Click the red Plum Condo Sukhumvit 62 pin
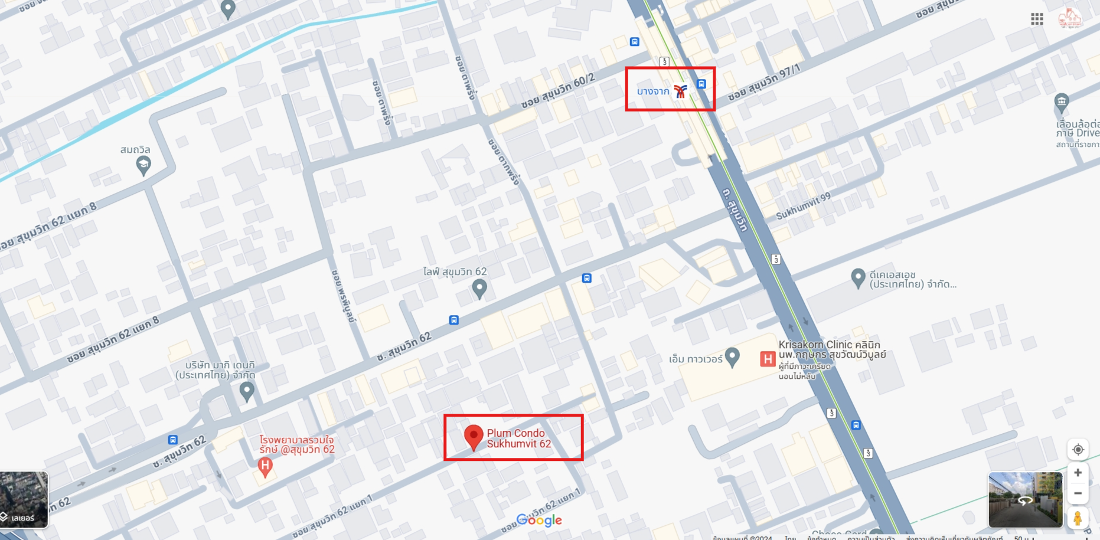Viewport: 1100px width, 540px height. (474, 437)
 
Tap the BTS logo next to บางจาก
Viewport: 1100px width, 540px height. (681, 91)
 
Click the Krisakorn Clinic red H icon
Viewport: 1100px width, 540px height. (767, 358)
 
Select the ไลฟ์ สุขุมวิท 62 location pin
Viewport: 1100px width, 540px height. (479, 288)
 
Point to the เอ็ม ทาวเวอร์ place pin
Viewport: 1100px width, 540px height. (732, 356)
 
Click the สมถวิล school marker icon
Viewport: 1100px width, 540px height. (143, 165)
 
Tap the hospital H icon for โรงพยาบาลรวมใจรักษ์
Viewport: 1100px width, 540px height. (265, 466)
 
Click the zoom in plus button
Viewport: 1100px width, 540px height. (1078, 473)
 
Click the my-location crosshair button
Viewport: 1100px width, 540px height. (1078, 450)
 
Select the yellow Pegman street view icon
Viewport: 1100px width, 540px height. (1078, 518)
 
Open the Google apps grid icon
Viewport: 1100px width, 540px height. (1037, 19)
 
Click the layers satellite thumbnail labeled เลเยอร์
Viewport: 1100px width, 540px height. (24, 499)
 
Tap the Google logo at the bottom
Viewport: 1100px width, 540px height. (539, 520)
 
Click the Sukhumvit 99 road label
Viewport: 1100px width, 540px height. (803, 207)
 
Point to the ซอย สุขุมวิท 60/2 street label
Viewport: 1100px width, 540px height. (557, 91)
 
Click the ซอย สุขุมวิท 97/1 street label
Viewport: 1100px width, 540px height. (764, 83)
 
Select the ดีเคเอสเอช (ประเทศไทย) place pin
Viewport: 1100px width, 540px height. (858, 277)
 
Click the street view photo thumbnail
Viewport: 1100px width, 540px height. (1025, 499)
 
